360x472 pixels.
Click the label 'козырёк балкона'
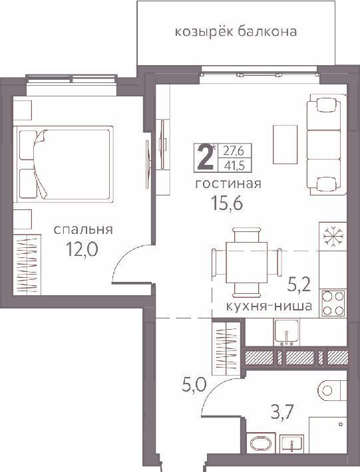click(x=236, y=32)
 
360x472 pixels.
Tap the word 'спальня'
click(x=83, y=229)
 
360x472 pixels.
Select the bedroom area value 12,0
click(x=83, y=249)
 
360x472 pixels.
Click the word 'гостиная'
click(x=228, y=183)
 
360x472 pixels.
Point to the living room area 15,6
click(x=227, y=203)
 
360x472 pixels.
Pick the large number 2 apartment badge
click(x=206, y=157)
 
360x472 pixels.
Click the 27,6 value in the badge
click(x=233, y=150)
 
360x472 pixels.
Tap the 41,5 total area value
click(x=233, y=166)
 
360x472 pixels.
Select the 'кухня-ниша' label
click(x=269, y=306)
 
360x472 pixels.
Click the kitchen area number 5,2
click(x=299, y=285)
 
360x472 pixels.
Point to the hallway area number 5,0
click(x=194, y=385)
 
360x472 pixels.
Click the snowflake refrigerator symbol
click(x=333, y=236)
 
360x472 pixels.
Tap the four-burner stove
click(x=333, y=303)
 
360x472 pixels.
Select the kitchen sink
click(x=286, y=332)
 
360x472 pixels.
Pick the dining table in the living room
click(x=247, y=262)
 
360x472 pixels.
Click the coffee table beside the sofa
click(x=285, y=144)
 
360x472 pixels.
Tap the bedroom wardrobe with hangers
click(x=27, y=265)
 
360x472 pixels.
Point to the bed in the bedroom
click(x=63, y=164)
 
